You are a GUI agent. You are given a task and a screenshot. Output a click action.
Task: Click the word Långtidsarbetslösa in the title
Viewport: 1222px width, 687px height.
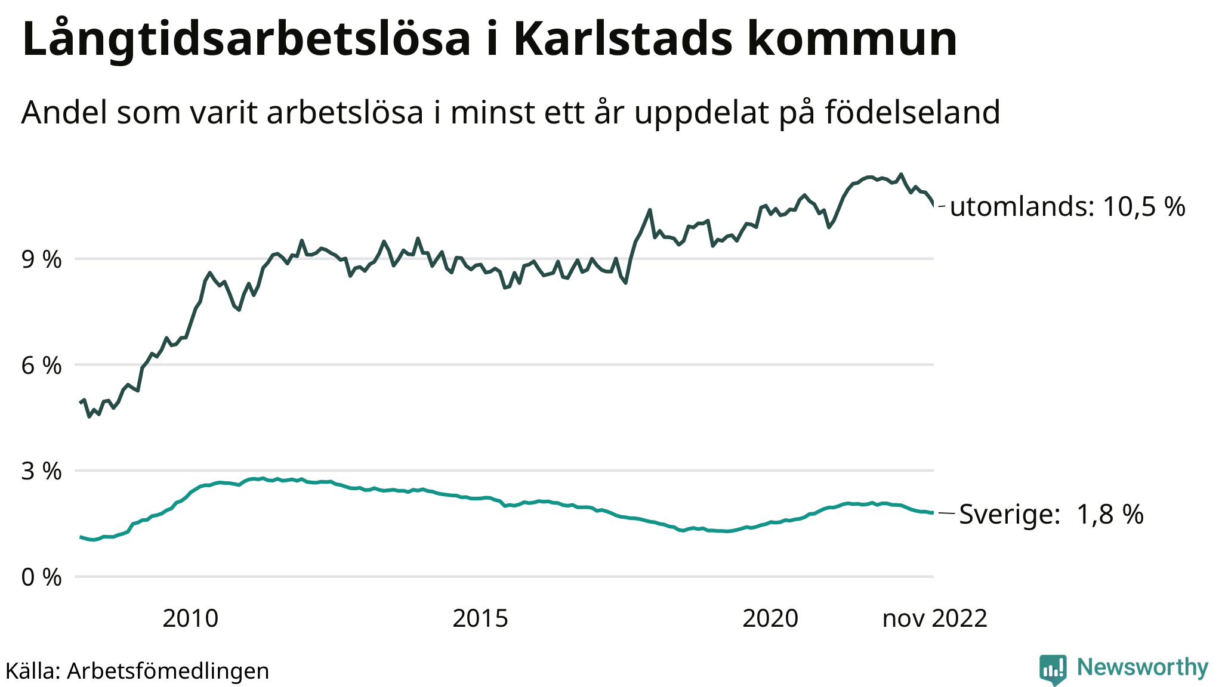[246, 39]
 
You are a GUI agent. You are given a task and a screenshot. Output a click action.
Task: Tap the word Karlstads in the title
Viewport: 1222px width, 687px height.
[622, 39]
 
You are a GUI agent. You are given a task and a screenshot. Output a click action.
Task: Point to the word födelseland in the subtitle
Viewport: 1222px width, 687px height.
[912, 112]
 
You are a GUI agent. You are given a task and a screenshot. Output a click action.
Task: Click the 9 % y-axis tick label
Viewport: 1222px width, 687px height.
[41, 259]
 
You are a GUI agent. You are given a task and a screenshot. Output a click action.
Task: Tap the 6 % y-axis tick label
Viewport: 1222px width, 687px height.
[41, 366]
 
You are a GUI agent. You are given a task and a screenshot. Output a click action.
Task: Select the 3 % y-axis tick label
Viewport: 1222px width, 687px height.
[41, 471]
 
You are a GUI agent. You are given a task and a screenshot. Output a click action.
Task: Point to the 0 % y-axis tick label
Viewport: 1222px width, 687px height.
[41, 577]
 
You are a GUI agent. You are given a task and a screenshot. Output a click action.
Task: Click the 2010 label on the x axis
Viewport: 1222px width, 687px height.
[190, 618]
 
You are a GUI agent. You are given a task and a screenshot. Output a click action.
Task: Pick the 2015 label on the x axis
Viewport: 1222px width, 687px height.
[480, 618]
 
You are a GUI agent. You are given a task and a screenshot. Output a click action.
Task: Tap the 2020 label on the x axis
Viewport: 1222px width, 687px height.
[770, 618]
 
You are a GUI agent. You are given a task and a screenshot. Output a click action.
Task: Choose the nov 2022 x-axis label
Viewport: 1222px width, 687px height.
[934, 618]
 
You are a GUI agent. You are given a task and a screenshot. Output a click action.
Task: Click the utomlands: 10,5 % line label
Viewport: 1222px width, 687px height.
[1067, 206]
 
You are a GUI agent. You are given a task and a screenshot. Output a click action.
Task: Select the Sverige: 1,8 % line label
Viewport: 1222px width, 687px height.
[1051, 514]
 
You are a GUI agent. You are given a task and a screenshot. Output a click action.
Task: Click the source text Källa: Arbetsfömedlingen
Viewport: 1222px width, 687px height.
[137, 671]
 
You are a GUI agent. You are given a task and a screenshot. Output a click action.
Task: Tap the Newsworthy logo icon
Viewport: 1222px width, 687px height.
[1053, 669]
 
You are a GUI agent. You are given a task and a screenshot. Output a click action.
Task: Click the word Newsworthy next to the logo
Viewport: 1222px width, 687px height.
[1142, 667]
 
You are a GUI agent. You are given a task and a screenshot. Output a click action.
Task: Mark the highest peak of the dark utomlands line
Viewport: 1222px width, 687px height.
[901, 174]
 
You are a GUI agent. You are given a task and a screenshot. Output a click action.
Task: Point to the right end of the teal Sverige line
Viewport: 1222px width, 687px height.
[933, 513]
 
